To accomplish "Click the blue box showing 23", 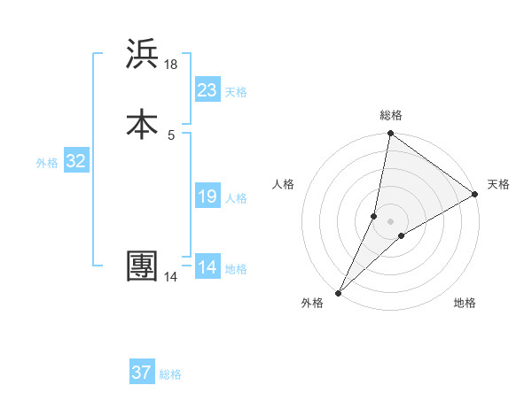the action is coord(207,90).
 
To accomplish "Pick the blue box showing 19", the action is coord(207,196).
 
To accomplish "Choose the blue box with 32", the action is coord(75,161).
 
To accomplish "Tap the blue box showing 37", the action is coord(142,373).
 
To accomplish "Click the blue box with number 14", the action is coord(207,267).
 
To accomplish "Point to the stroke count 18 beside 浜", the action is coord(171,64).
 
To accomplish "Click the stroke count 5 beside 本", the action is coord(171,135).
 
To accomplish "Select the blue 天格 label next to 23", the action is coord(236,92).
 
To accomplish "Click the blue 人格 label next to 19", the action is coord(236,198).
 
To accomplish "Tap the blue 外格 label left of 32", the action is coord(47,163).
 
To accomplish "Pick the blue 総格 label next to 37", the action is coord(170,374).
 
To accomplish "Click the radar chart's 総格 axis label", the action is coord(391,115).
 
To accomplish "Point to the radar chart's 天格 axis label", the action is coord(498,184).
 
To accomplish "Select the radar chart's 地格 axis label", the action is coord(465,303).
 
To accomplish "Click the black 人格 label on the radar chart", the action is coord(284,184).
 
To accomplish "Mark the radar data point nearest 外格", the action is coord(338,293).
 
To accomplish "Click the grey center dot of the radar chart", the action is coord(391,220).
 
